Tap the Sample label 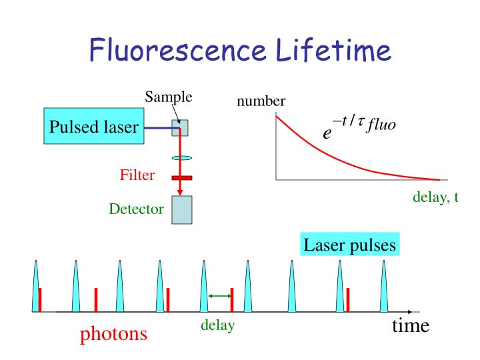[169, 97]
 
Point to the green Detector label [136, 209]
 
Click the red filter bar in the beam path [181, 178]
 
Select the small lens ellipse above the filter [181, 158]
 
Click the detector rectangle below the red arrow [182, 210]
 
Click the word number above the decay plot [261, 101]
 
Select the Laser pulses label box [350, 245]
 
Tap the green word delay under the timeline [217, 327]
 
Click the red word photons [113, 333]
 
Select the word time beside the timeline [410, 325]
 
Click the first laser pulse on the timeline [37, 287]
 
